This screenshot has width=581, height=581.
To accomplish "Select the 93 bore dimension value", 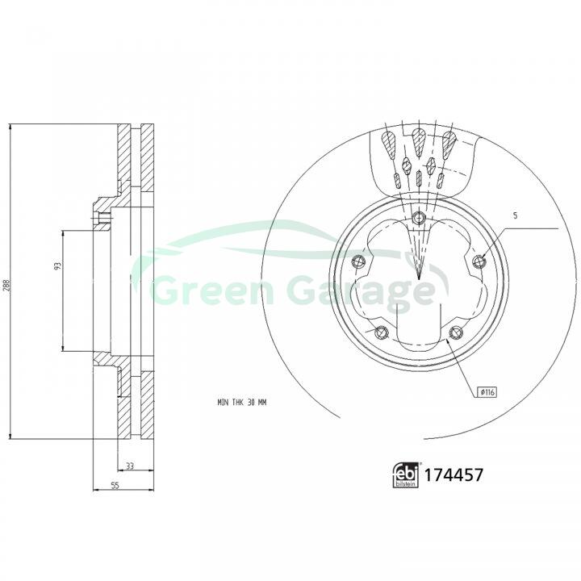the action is tap(57, 265).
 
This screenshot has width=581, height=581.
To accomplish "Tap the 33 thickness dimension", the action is tap(129, 466).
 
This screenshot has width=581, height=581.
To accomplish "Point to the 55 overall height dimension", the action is tap(115, 486).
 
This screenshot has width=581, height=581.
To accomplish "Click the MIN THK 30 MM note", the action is tap(242, 403).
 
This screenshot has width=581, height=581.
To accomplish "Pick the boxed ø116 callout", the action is tap(487, 392).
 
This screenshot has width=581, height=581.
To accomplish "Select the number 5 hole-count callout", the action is tap(515, 215).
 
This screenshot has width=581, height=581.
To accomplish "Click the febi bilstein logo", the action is tap(405, 475).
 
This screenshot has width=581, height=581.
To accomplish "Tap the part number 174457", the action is tap(454, 475).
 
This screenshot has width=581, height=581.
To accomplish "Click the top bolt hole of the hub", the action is tap(419, 217).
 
